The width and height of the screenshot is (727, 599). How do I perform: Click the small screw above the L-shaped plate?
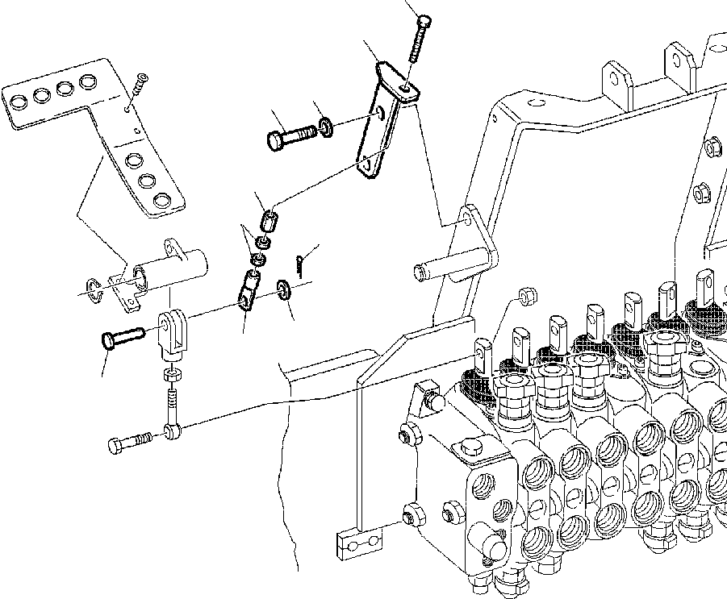(x=142, y=81)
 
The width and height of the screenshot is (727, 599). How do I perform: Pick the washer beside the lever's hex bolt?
(x=325, y=127)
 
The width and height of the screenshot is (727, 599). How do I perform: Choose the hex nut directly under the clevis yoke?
(x=171, y=376)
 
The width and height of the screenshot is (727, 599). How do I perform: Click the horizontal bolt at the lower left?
(x=128, y=443)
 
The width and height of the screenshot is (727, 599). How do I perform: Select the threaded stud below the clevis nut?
(x=171, y=400)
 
